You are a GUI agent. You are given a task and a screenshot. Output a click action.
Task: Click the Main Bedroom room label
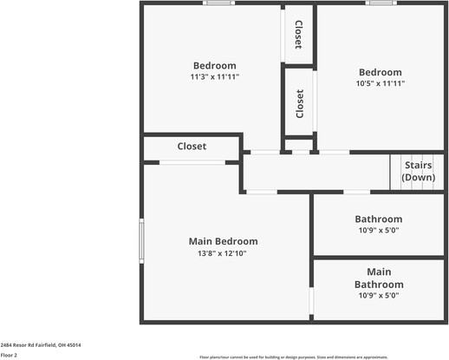tap(223, 241)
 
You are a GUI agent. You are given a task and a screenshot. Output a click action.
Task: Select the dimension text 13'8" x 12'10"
tap(223, 253)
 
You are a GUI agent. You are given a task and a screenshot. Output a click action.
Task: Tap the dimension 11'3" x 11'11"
tap(214, 77)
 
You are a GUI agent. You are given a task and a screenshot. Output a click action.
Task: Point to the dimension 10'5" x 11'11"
tap(381, 84)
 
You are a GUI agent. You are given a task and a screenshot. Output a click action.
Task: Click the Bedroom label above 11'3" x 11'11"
tap(214, 66)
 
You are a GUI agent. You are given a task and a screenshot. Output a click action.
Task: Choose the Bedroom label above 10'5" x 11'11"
tap(381, 72)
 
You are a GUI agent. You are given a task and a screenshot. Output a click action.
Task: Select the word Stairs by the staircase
tap(418, 165)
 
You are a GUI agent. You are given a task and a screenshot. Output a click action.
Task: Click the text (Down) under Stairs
tap(418, 177)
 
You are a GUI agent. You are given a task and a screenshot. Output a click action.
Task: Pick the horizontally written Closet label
tap(192, 147)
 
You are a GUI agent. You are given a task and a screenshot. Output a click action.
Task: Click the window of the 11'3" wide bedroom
tap(218, 3)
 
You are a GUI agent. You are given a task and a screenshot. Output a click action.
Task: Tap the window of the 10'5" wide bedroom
tap(379, 3)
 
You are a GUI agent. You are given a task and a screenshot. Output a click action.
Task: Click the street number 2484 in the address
tap(7, 344)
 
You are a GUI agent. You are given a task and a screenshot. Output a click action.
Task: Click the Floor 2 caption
tap(9, 355)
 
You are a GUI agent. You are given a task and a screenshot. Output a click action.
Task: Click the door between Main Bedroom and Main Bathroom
tap(312, 300)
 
